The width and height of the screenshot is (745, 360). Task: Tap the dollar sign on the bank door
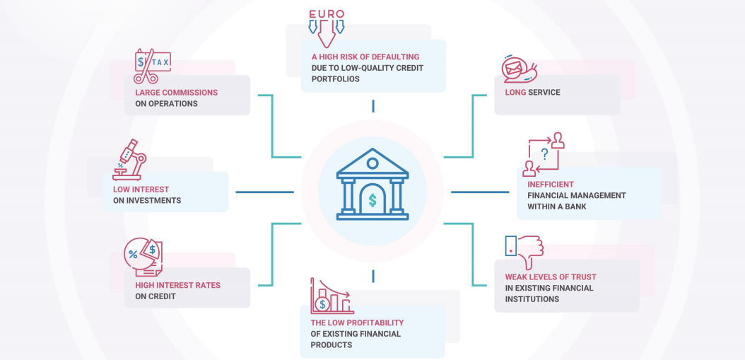point(372,200)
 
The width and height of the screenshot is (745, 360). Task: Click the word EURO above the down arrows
point(326,14)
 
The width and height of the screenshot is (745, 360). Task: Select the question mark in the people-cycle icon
point(545,153)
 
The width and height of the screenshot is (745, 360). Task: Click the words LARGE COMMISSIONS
point(176,93)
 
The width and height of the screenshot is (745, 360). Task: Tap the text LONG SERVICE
point(532,93)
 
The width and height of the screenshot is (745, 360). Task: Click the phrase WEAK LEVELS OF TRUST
point(550,277)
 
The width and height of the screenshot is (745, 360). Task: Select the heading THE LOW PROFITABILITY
point(357,323)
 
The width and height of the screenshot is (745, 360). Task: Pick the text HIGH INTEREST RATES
point(177,286)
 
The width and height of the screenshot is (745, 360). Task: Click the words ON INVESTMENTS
point(146,201)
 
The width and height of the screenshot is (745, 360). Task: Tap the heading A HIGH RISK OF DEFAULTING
point(365,57)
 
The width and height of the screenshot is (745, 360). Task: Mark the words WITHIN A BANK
point(556,207)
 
